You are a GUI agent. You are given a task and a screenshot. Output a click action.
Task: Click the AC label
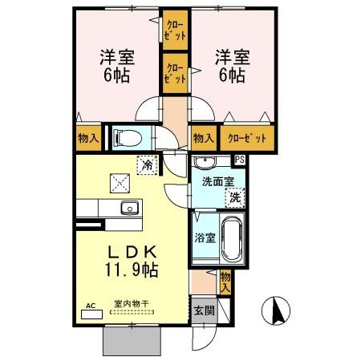(90, 306)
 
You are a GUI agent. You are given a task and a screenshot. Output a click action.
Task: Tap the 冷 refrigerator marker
(148, 164)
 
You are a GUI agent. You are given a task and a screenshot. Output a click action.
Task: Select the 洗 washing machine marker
(234, 197)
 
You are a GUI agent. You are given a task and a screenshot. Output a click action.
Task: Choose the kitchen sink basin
(128, 209)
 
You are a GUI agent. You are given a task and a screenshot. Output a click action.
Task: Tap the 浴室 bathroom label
(203, 238)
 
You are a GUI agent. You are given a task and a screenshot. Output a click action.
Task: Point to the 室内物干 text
(130, 304)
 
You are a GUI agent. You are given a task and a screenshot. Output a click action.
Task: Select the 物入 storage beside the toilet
(88, 138)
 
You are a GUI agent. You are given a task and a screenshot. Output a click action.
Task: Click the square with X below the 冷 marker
(121, 184)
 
